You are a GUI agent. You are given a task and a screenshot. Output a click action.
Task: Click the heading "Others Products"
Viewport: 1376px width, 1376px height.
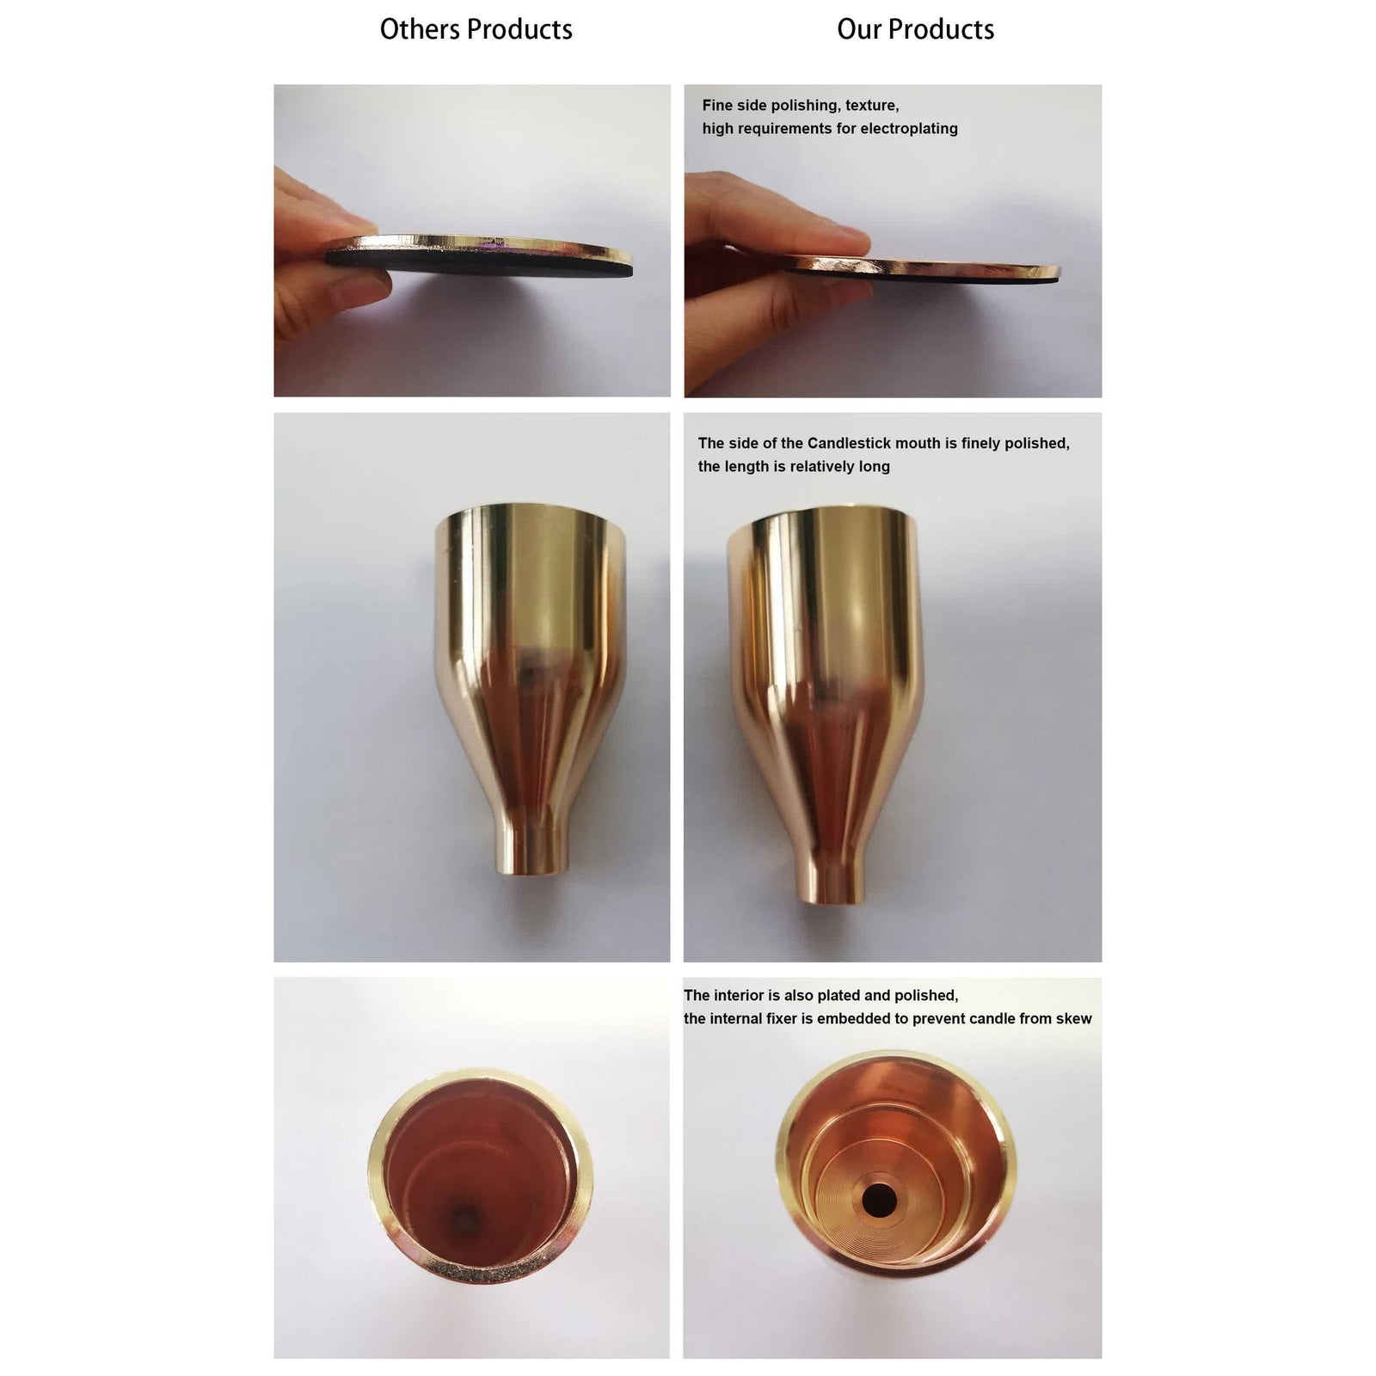click(476, 30)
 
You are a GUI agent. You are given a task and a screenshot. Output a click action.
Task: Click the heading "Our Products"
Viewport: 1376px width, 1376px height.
click(915, 30)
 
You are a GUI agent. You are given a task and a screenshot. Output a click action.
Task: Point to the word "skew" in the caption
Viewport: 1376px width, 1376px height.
click(1073, 1019)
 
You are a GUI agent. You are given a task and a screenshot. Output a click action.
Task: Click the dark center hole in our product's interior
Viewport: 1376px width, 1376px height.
click(878, 1198)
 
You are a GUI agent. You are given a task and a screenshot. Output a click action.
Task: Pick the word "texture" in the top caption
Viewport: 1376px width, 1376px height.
click(872, 106)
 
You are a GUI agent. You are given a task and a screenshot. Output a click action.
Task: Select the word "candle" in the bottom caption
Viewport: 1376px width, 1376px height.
click(991, 1019)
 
